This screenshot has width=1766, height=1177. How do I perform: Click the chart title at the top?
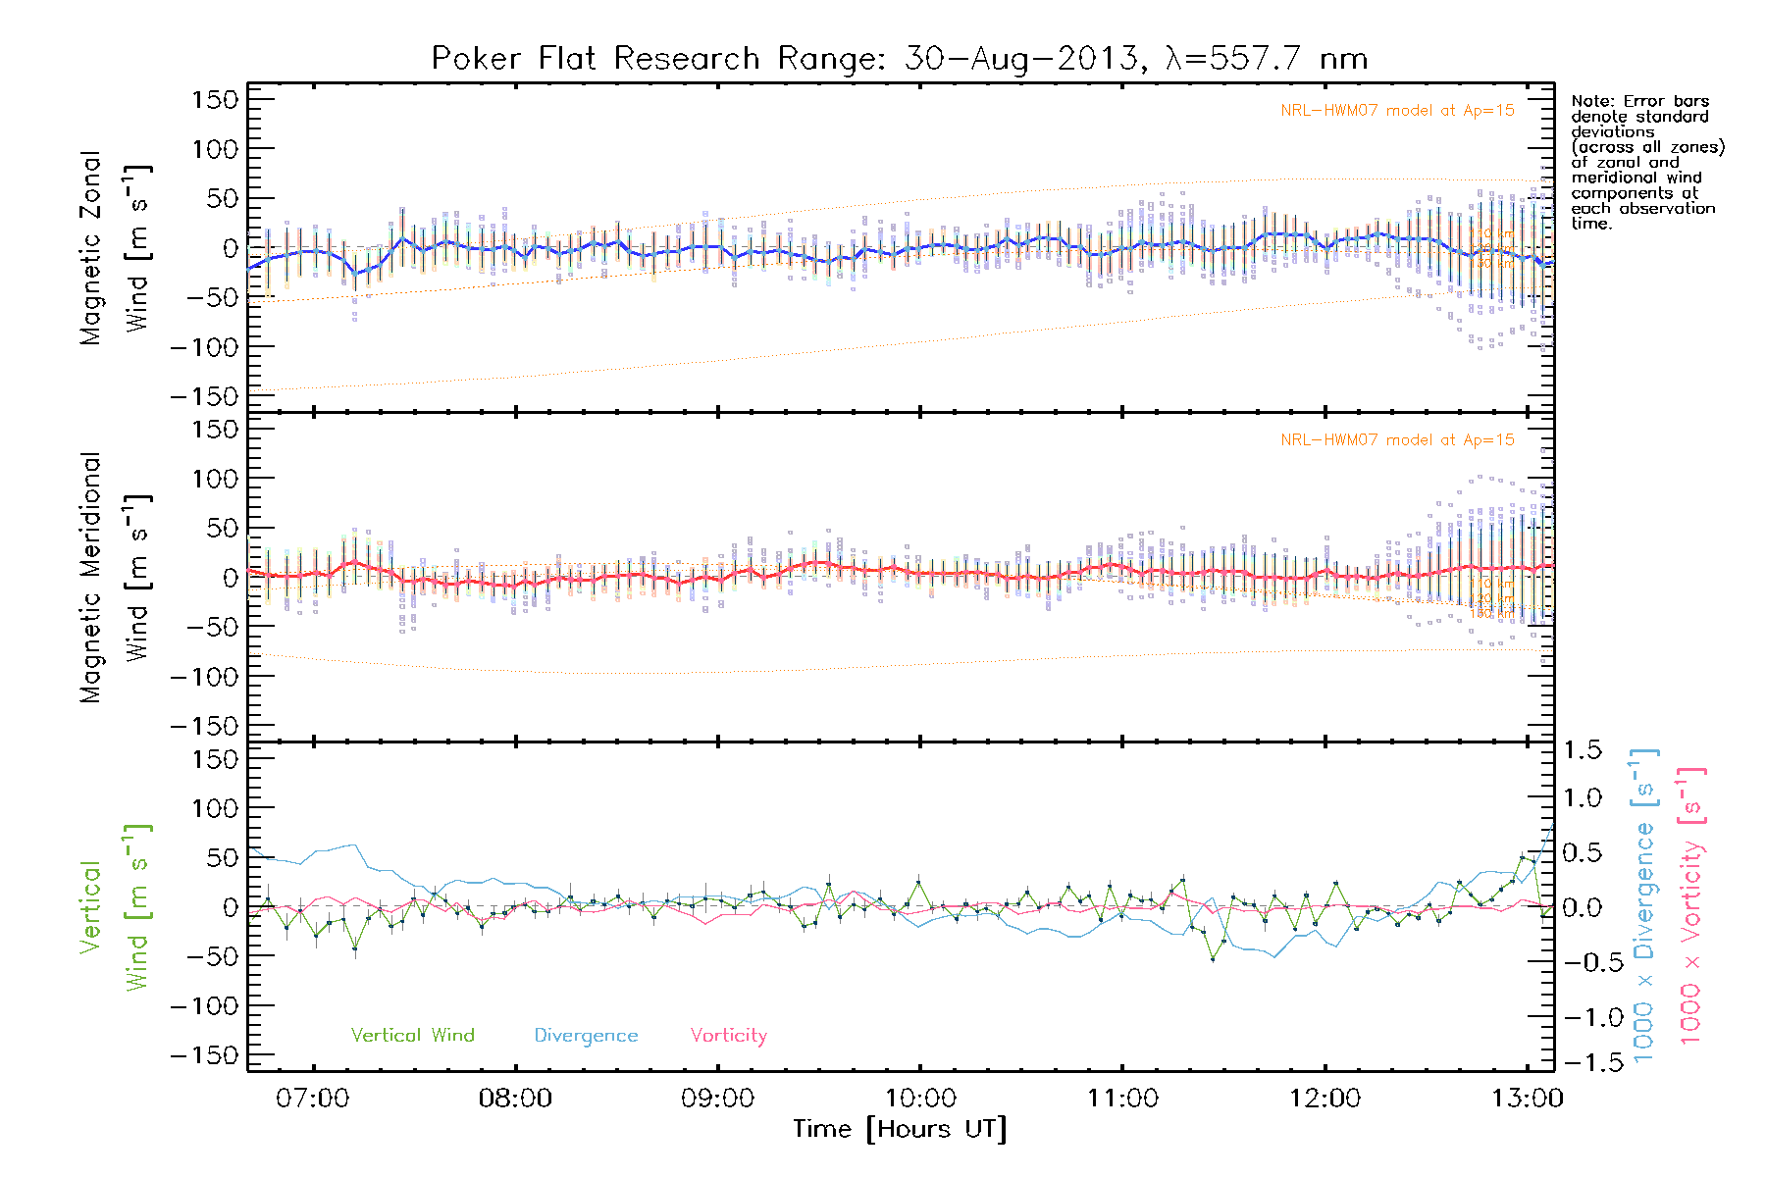click(899, 59)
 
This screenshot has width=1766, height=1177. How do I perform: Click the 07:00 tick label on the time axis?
click(313, 1099)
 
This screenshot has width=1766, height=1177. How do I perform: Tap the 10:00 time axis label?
click(919, 1099)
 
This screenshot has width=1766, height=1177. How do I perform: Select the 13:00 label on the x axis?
click(1527, 1099)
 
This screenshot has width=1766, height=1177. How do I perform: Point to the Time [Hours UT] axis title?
click(899, 1130)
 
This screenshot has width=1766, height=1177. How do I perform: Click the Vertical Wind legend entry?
click(412, 1036)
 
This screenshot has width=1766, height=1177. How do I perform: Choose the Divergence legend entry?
click(586, 1036)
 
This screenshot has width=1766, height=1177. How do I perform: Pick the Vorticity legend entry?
click(728, 1036)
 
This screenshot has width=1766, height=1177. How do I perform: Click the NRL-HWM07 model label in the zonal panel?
click(1397, 111)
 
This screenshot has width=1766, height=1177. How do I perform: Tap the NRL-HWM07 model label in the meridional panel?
click(1397, 440)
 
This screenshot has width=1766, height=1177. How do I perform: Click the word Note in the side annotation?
click(1589, 102)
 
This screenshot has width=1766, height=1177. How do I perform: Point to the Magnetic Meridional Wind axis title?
click(116, 578)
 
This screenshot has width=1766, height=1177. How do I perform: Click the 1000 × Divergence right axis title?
click(1644, 906)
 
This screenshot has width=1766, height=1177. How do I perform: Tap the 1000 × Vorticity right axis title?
click(1691, 906)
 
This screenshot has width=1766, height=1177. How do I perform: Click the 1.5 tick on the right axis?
click(1582, 751)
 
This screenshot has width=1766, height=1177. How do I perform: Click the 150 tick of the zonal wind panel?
click(215, 100)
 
